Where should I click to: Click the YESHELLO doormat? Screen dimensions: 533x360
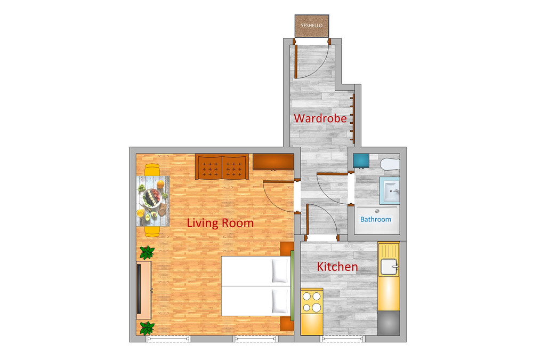pyautogui.click(x=312, y=26)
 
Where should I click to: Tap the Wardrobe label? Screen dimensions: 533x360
pyautogui.click(x=320, y=118)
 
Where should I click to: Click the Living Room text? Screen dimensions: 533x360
pyautogui.click(x=220, y=223)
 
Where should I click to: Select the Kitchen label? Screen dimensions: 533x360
pyautogui.click(x=337, y=267)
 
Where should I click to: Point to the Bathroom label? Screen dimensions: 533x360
pyautogui.click(x=376, y=220)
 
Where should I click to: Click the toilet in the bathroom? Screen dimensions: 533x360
pyautogui.click(x=390, y=164)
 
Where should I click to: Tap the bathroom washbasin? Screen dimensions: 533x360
pyautogui.click(x=390, y=190)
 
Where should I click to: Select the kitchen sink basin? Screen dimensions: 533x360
pyautogui.click(x=389, y=267)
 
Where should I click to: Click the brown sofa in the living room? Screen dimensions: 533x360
pyautogui.click(x=222, y=167)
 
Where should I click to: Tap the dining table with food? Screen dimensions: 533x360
pyautogui.click(x=153, y=201)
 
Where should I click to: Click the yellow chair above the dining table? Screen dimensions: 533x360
pyautogui.click(x=152, y=170)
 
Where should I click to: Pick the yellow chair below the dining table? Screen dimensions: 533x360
pyautogui.click(x=152, y=231)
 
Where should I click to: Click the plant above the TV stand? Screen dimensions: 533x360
pyautogui.click(x=147, y=252)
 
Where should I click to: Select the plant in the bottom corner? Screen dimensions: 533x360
pyautogui.click(x=147, y=328)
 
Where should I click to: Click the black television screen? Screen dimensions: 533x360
pyautogui.click(x=139, y=289)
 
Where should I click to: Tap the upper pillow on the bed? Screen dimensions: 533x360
pyautogui.click(x=280, y=270)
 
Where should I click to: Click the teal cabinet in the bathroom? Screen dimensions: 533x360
pyautogui.click(x=361, y=161)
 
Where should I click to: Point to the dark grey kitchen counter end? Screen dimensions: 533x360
pyautogui.click(x=389, y=323)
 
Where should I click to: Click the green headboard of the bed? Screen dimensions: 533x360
pyautogui.click(x=292, y=285)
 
